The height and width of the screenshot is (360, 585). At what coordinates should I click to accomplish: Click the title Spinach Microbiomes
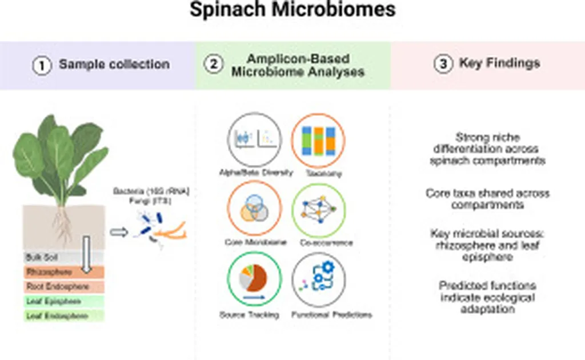coord(292,10)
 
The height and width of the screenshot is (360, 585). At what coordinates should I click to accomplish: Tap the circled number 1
coord(41,65)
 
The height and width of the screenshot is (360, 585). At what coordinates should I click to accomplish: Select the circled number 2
coord(213,65)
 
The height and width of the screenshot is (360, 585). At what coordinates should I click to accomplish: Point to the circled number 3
coord(443,65)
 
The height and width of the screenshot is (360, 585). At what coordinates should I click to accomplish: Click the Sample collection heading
coord(114,64)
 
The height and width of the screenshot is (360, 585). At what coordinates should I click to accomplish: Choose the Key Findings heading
coord(499,63)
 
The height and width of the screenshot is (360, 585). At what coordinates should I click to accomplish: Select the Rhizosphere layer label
coord(48,272)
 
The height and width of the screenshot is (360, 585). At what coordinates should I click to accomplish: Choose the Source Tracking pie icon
coord(254,278)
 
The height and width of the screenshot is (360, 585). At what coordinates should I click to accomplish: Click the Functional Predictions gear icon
coord(319,279)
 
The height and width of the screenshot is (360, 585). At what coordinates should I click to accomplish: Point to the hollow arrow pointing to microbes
coord(118,232)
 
